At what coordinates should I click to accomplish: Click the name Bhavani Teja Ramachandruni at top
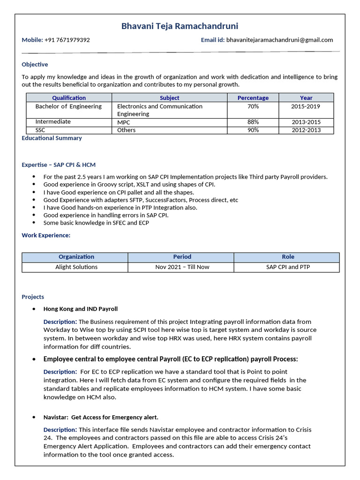click(x=180, y=26)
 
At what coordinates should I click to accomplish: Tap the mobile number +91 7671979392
click(x=67, y=40)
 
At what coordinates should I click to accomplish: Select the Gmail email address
click(x=279, y=40)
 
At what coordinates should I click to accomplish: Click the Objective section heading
click(x=35, y=64)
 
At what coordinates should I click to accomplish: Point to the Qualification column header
click(x=69, y=98)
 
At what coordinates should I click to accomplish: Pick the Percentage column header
click(x=253, y=98)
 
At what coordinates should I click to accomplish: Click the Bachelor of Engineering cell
click(x=68, y=106)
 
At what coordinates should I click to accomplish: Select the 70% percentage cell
click(x=253, y=106)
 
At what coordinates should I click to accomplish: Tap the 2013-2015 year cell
click(x=306, y=122)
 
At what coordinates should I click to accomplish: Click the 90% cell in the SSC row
click(x=253, y=130)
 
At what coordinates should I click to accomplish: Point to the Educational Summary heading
click(x=52, y=138)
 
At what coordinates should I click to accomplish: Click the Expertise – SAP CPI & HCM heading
click(x=59, y=165)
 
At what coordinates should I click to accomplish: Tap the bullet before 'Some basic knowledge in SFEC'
click(x=34, y=223)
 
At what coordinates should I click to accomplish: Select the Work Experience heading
click(x=46, y=235)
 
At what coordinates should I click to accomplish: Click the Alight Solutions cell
click(x=76, y=267)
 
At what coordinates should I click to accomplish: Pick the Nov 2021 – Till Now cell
click(x=182, y=267)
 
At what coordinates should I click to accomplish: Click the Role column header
click(x=288, y=257)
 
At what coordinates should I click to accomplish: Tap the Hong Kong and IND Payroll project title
click(x=80, y=309)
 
